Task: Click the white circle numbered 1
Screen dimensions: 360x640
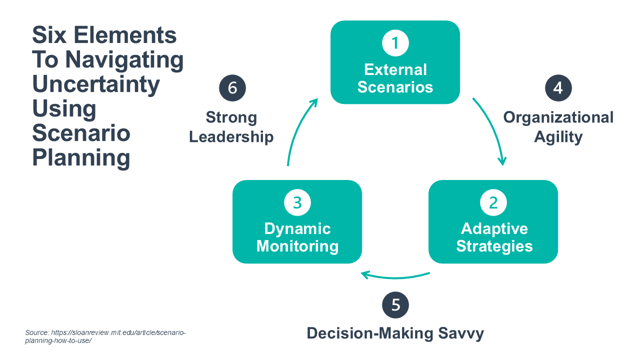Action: pos(395,43)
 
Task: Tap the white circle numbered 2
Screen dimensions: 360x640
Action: pos(493,202)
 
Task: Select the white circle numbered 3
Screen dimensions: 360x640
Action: pos(297,202)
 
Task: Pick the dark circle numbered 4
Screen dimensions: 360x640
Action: pos(558,88)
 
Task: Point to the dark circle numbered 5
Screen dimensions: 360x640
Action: pos(395,305)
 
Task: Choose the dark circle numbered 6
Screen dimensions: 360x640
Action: pos(232,88)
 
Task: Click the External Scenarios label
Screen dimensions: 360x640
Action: pos(395,78)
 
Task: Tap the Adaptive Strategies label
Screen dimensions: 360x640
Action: pos(494,237)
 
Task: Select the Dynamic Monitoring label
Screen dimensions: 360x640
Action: pos(297,237)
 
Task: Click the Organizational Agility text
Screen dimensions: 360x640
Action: pos(558,126)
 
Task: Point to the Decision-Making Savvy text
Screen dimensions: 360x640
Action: pos(395,333)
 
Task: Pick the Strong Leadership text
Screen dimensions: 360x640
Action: pos(231,127)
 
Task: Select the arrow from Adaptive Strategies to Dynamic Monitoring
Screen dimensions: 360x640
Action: pos(395,276)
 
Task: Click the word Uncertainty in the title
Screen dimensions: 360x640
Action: pos(96,84)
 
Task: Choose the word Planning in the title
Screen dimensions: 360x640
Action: pos(81,158)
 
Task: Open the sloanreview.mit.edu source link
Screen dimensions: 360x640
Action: pos(105,336)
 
